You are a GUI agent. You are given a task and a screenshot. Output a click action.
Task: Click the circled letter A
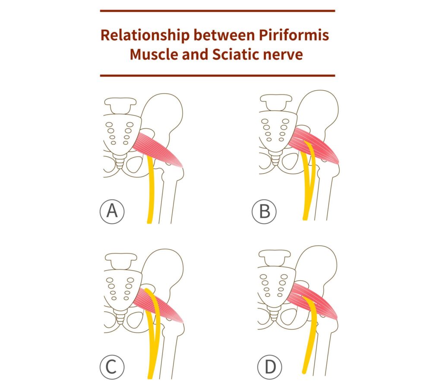click(x=112, y=212)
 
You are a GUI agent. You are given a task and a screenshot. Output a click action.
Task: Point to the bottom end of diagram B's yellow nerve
click(x=306, y=218)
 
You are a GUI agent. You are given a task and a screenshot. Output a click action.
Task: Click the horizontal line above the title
click(x=217, y=11)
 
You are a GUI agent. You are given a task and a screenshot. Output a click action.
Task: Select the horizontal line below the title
click(x=217, y=75)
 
